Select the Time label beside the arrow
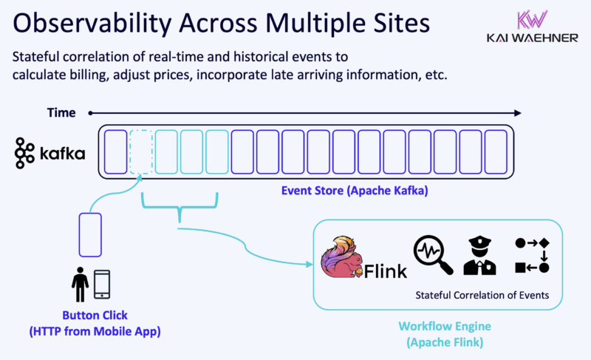click(x=61, y=113)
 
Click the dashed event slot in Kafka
click(x=141, y=151)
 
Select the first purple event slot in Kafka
click(x=116, y=151)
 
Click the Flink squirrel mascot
click(x=342, y=258)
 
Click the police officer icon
click(x=476, y=255)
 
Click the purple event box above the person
click(x=90, y=235)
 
